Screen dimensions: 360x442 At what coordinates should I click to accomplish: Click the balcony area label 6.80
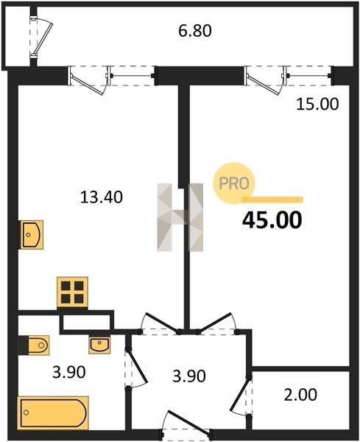tap(195, 31)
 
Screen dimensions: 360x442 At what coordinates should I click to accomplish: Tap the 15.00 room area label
tap(317, 104)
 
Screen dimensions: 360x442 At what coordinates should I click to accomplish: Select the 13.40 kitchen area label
tap(102, 197)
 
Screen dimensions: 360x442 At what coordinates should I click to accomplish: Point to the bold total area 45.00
tap(272, 220)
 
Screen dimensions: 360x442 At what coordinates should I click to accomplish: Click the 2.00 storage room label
tap(300, 395)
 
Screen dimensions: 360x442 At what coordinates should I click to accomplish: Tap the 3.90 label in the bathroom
tap(69, 372)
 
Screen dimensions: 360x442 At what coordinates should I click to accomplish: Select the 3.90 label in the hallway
tap(189, 376)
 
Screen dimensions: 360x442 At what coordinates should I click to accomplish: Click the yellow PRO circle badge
tap(234, 183)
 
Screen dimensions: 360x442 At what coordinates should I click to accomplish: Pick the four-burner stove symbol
tap(72, 292)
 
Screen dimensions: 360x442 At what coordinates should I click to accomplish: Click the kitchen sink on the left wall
tap(31, 234)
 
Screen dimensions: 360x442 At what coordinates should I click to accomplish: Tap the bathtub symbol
tap(53, 413)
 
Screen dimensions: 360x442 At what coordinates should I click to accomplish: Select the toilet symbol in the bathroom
tap(34, 345)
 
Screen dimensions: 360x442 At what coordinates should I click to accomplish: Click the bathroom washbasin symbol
tap(99, 345)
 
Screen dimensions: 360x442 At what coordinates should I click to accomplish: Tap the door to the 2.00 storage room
tap(241, 396)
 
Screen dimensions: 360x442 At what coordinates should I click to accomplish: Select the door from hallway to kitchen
tap(160, 323)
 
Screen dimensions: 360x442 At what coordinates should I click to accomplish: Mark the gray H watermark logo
tap(180, 217)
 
